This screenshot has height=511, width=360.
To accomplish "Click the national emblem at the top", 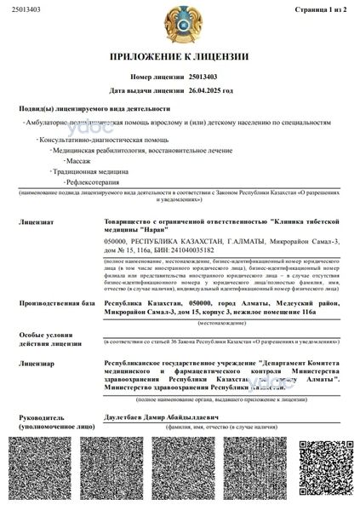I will click(x=179, y=25).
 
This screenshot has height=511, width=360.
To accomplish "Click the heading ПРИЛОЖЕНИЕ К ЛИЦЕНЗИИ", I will click(x=179, y=57).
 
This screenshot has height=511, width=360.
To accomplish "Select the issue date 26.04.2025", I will click(x=211, y=89).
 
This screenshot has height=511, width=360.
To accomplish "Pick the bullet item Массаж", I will click(x=78, y=160).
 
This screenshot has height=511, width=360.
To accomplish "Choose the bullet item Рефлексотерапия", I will click(x=91, y=182).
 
